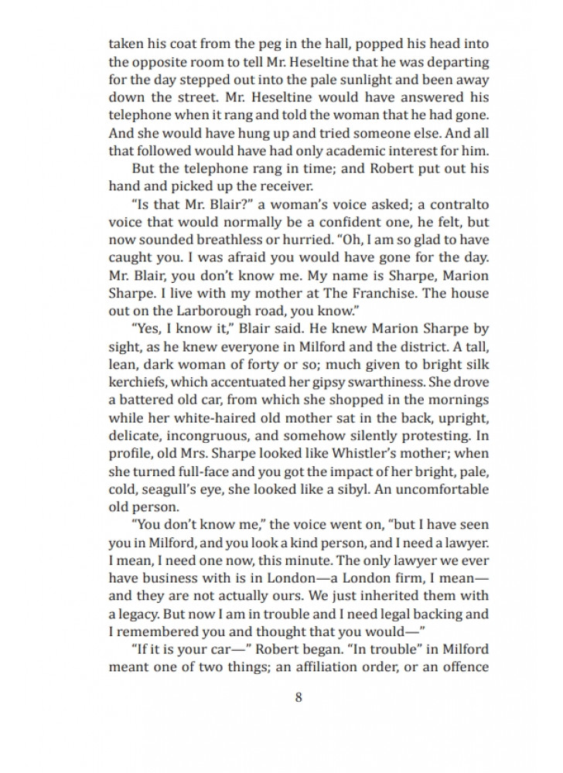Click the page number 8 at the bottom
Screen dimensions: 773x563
tap(299, 696)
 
